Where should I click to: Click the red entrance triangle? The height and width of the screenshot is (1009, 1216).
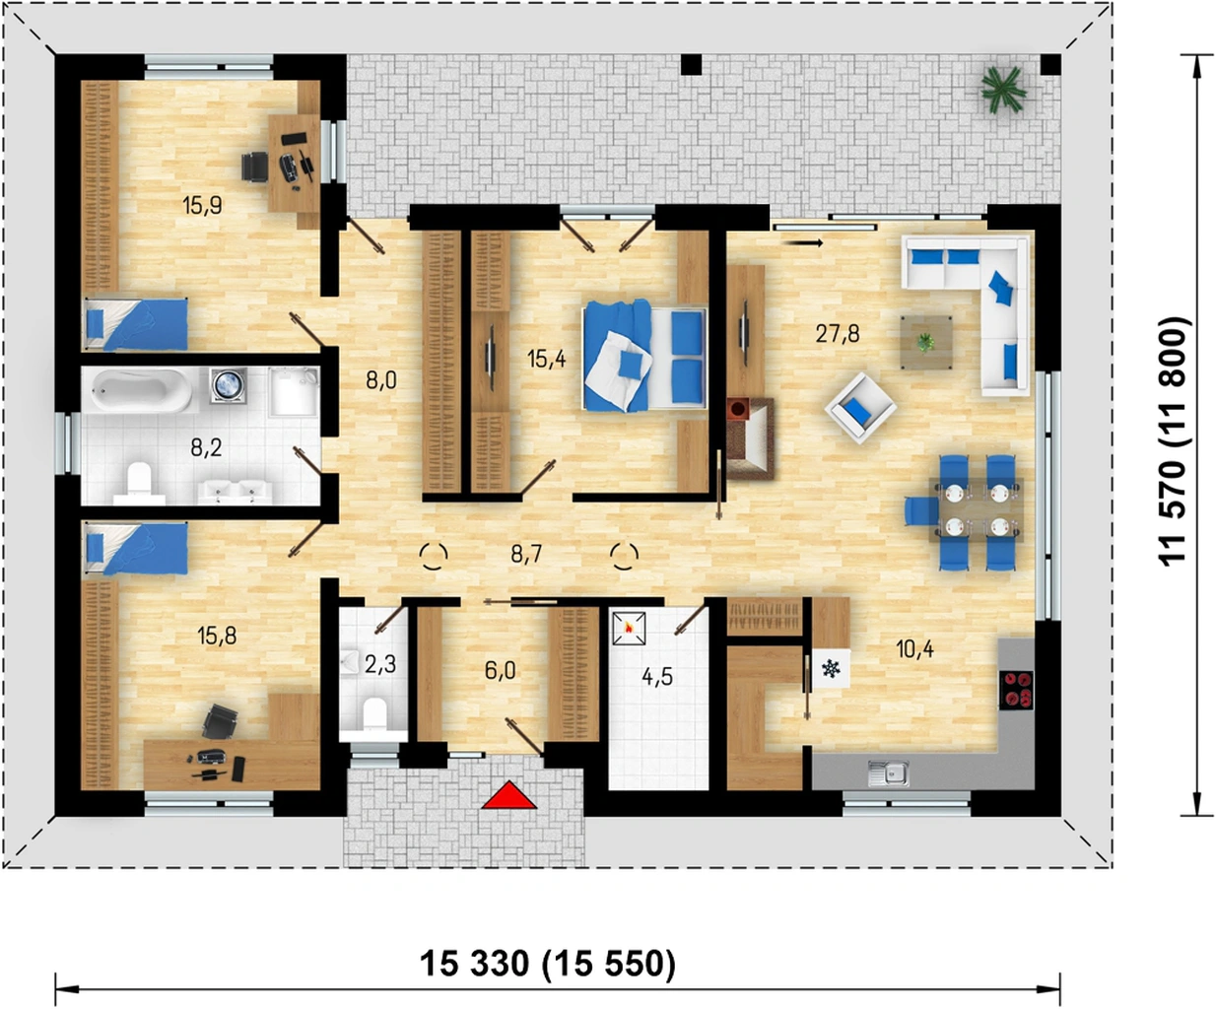coord(509,796)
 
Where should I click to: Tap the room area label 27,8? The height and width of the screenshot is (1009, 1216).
coord(838,334)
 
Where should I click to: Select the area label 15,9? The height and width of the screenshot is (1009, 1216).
coord(202,206)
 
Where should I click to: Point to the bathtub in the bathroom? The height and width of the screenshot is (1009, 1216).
coord(143,389)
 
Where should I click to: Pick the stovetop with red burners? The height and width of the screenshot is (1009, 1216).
coord(1016,690)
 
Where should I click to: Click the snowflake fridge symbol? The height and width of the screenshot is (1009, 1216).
coord(831,669)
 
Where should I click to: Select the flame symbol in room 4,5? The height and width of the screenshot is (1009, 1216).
coord(629,628)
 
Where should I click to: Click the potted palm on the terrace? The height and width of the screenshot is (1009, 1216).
coord(1003,89)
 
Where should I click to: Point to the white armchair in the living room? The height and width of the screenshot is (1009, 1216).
coord(860,408)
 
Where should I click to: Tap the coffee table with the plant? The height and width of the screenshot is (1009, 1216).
coord(926,342)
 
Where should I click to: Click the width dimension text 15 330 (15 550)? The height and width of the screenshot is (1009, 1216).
coord(548,963)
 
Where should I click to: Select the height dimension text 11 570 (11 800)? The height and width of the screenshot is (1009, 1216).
coord(1171,441)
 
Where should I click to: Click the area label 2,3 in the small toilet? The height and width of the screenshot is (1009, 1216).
coord(380,664)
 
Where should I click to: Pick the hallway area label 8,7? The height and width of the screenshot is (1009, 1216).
coord(526,555)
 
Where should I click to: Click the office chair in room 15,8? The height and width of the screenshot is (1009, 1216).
coord(220,722)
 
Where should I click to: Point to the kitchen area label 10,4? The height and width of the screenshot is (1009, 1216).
coord(914,648)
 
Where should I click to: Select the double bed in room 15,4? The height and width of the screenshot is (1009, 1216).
coord(644,356)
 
